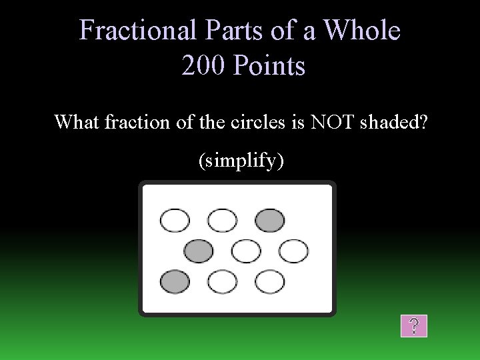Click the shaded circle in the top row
pyautogui.click(x=269, y=220)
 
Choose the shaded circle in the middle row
pyautogui.click(x=198, y=251)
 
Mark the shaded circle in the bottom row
pyautogui.click(x=175, y=281)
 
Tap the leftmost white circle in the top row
pyautogui.click(x=175, y=220)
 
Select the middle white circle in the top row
pyautogui.click(x=222, y=220)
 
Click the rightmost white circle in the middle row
pyautogui.click(x=293, y=251)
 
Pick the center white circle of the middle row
pyautogui.click(x=246, y=251)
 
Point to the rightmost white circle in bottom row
pyautogui.click(x=269, y=281)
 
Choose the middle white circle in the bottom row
pyautogui.click(x=222, y=281)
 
